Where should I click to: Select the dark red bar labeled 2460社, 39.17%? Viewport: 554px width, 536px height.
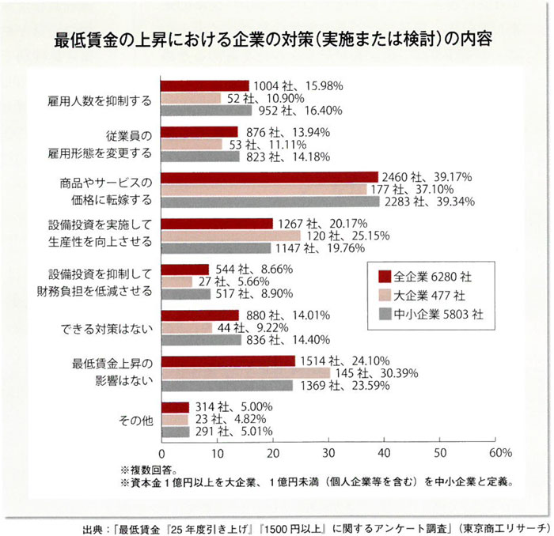tap(269, 177)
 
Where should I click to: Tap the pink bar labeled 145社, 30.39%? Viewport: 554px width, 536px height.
tap(245, 373)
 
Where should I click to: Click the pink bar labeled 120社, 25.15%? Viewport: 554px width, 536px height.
tap(231, 236)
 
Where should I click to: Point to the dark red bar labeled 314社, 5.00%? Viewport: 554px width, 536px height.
tap(175, 407)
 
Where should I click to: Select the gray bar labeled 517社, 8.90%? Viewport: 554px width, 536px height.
tap(186, 294)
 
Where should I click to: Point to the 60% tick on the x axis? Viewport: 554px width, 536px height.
tap(499, 453)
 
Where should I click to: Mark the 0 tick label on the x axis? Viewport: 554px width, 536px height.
tap(162, 453)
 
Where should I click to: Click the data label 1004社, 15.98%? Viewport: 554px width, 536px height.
tap(290, 86)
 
